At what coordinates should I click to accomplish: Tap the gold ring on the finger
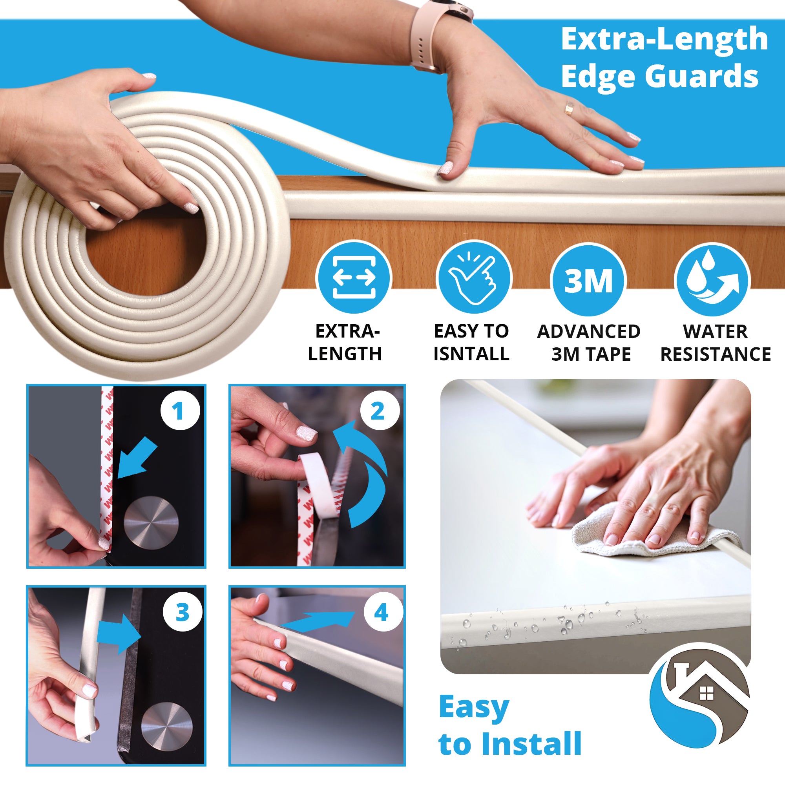coord(569,108)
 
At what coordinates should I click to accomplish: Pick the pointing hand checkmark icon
coord(473,278)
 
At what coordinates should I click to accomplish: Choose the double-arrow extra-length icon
coord(354,278)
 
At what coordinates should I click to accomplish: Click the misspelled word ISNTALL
coord(471,354)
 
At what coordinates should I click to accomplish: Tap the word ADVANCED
coord(588,332)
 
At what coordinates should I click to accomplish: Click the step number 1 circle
coord(180,411)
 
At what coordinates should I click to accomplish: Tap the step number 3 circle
coord(183,612)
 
